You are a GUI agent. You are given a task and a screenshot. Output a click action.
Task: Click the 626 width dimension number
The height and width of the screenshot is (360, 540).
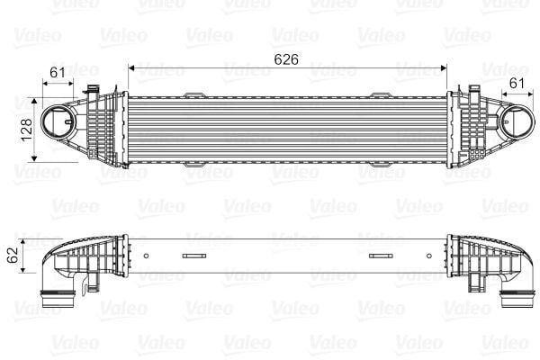(x=286, y=58)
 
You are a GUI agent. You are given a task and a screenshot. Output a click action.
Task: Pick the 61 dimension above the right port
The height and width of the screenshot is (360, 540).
(x=516, y=83)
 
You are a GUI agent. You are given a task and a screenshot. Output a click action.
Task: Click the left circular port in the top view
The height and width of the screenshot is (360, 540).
(x=60, y=122)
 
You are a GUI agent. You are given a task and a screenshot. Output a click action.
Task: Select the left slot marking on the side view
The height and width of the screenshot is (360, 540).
(x=194, y=256)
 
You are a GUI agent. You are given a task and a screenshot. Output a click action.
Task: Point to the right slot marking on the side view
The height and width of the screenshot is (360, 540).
(x=382, y=256)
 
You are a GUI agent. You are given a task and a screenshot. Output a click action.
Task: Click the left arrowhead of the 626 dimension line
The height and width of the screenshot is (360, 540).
(x=133, y=67)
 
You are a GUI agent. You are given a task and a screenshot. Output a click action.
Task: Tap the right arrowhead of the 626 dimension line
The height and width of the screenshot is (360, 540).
(x=444, y=67)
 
